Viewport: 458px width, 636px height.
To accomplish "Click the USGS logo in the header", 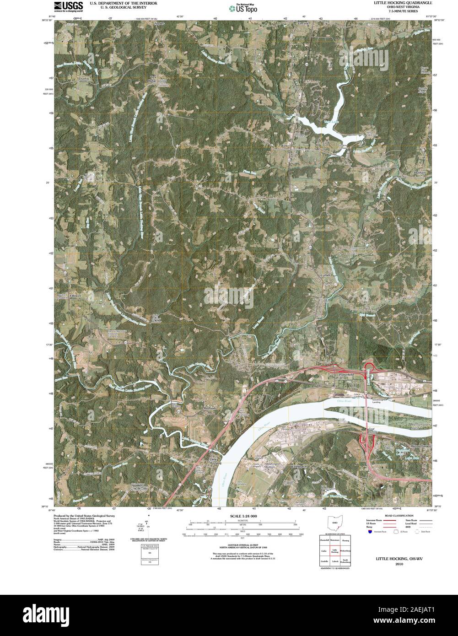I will pyautogui.click(x=69, y=6).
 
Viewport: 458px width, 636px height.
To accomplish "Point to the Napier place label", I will pyautogui.click(x=159, y=23).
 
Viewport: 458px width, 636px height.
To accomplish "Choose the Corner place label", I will pyautogui.click(x=325, y=275).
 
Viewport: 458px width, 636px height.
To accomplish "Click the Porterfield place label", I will pyautogui.click(x=346, y=375).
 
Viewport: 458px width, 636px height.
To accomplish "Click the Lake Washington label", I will pyautogui.click(x=334, y=496).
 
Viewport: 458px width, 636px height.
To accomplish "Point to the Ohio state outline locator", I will pyautogui.click(x=335, y=523).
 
